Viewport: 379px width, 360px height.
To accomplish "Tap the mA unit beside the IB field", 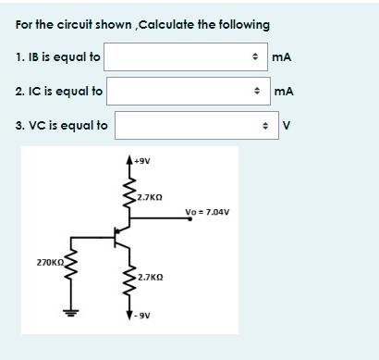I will pyautogui.click(x=282, y=57).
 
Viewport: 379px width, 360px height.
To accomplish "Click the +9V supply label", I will pyautogui.click(x=142, y=160).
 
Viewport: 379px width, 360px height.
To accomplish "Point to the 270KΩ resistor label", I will pyautogui.click(x=49, y=264).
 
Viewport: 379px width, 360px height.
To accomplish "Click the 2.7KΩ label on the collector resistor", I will pyautogui.click(x=149, y=197).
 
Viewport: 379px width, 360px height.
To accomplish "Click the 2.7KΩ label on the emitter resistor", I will pyautogui.click(x=149, y=277).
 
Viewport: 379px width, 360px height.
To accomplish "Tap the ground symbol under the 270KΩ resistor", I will pyautogui.click(x=67, y=312).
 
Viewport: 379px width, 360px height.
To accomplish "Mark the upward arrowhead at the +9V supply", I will pyautogui.click(x=129, y=161).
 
